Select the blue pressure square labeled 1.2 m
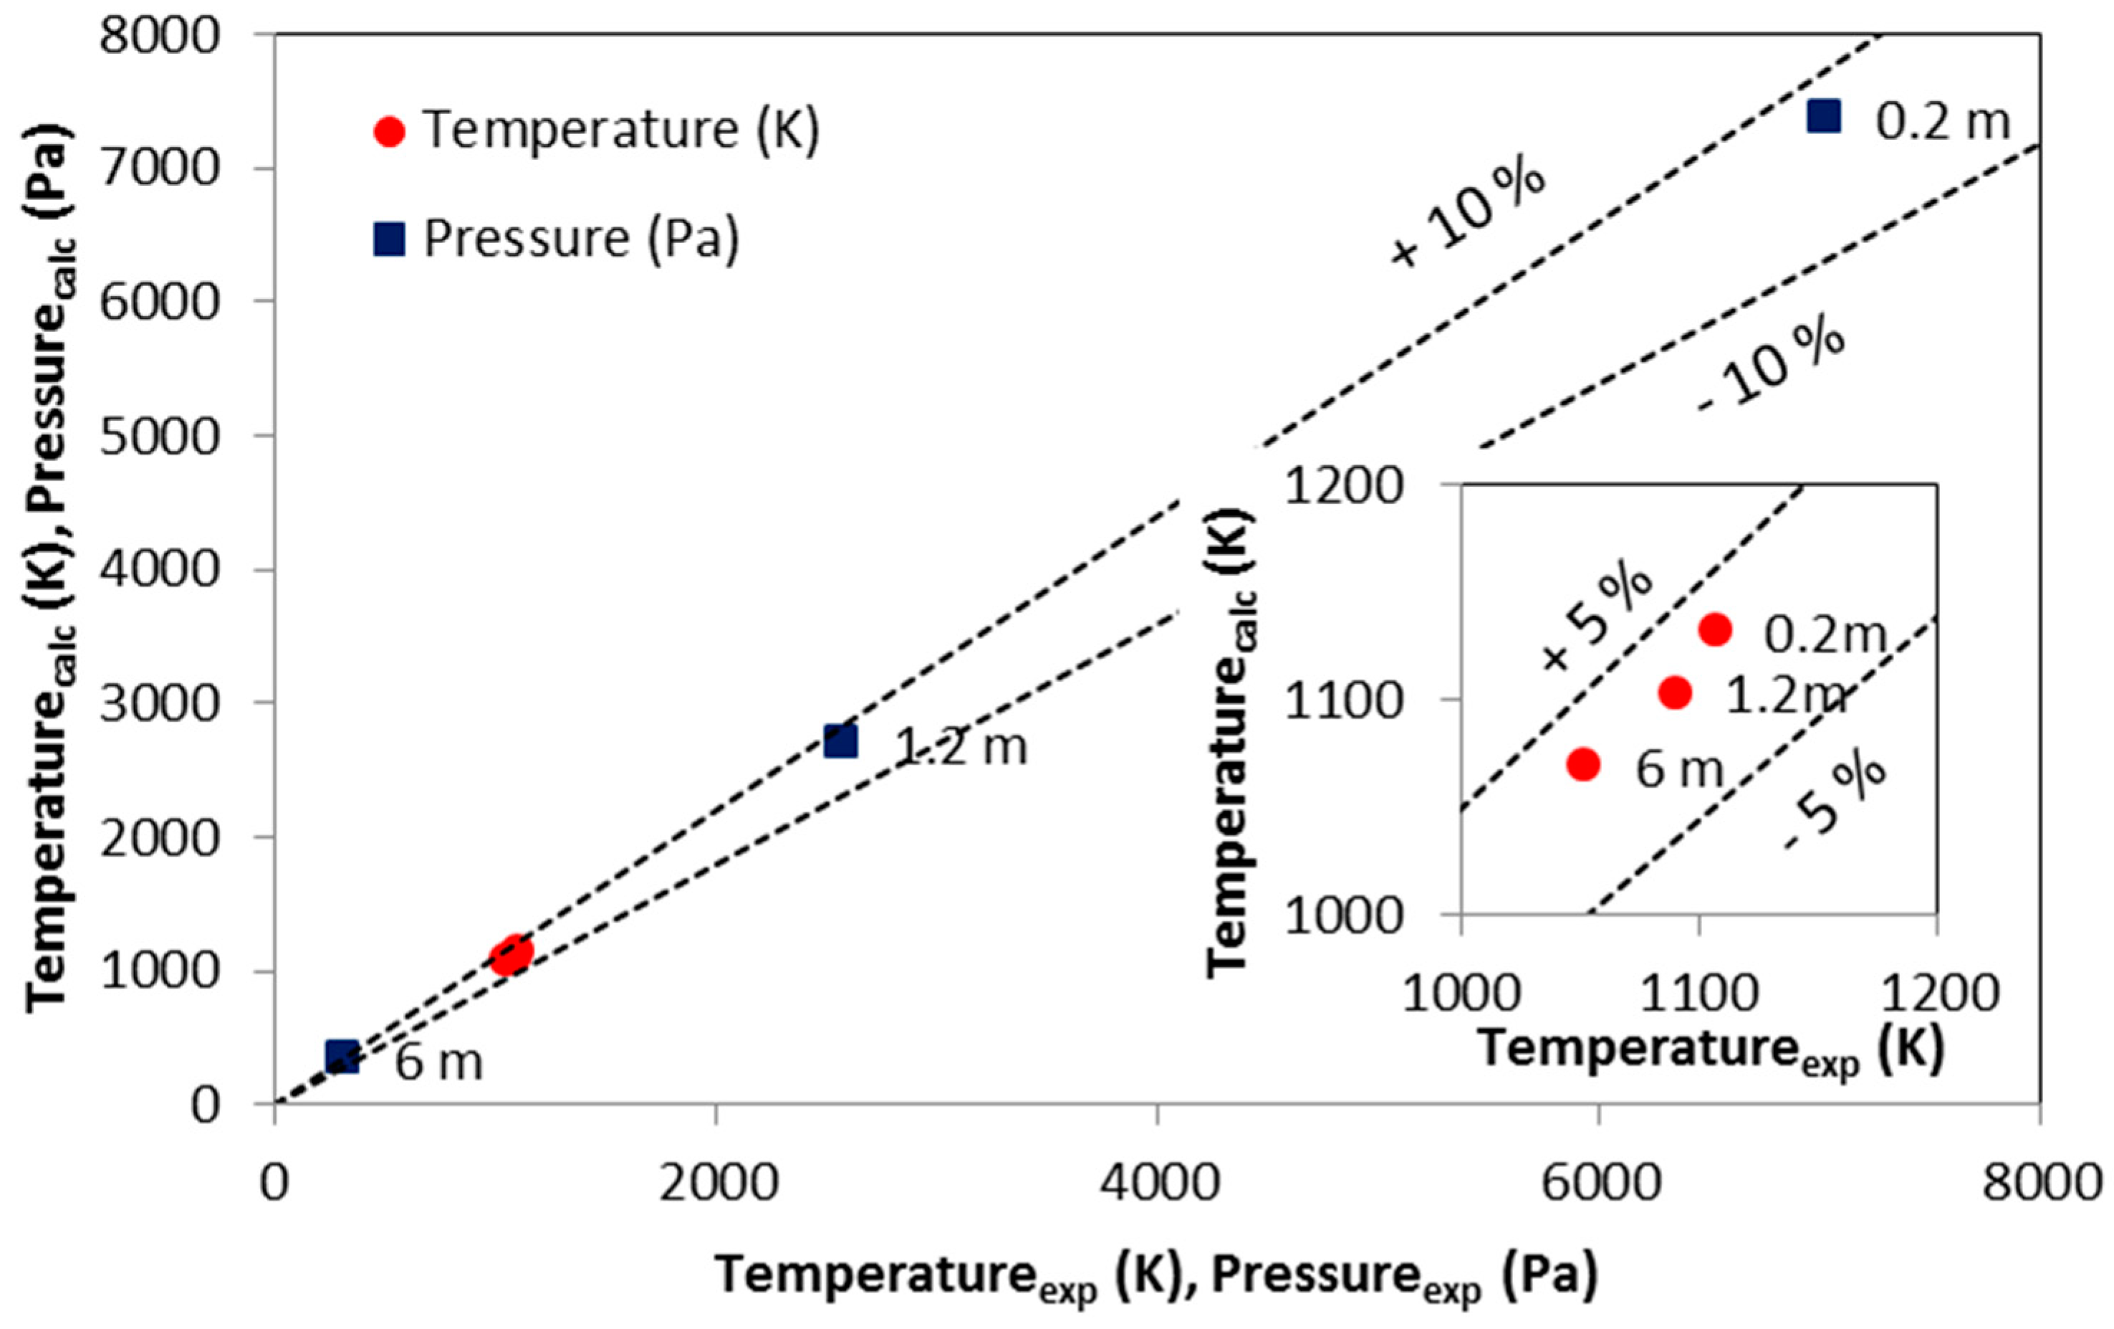tap(840, 741)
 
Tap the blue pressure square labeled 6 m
tap(342, 1057)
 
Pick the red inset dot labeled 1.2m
tap(1675, 693)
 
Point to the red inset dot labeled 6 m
tap(1583, 765)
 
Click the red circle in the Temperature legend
tap(389, 132)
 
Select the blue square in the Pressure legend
tap(389, 239)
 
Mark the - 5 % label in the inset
tap(1835, 801)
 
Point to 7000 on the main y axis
tap(159, 168)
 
